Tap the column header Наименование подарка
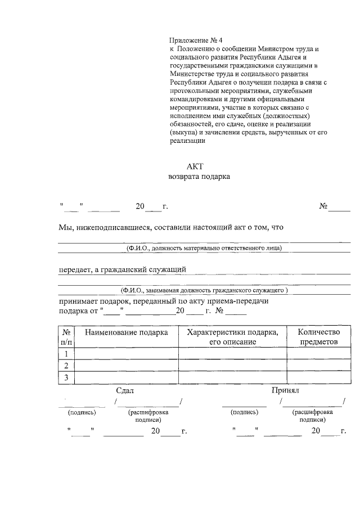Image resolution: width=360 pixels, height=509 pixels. pos(126,332)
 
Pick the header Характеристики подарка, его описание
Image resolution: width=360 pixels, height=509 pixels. pos(232,336)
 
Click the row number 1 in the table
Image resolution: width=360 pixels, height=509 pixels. pos(66,354)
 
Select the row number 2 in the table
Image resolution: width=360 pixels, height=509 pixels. pos(66,366)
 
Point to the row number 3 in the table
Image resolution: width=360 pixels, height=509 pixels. pos(66,377)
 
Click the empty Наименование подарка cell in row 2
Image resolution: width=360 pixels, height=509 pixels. pos(126,366)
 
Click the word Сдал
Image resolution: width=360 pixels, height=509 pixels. pos(125,390)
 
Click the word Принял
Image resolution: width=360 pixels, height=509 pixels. pos(285,390)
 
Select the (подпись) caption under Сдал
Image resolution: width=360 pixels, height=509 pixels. pos(82,412)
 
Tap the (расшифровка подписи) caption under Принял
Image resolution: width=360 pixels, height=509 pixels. pos(313,416)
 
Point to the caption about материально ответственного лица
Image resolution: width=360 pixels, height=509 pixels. pos(204,247)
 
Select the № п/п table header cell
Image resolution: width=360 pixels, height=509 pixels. pos(66,336)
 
